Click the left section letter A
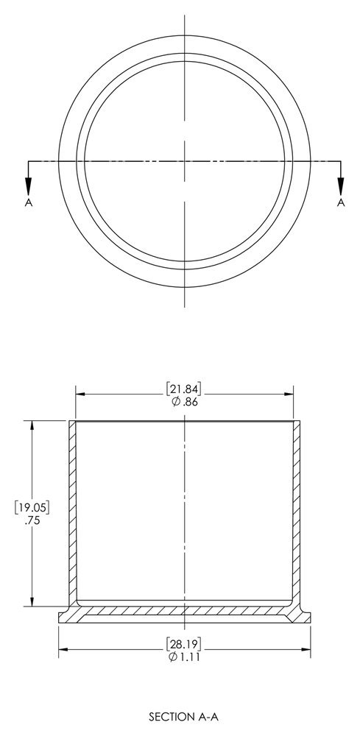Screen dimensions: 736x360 click(29, 202)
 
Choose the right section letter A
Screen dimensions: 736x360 click(341, 202)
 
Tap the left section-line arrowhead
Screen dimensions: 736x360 click(29, 187)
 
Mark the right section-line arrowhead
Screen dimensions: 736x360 click(341, 187)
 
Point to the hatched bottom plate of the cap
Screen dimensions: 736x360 click(184, 611)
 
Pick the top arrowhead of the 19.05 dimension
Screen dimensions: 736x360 click(31, 425)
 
